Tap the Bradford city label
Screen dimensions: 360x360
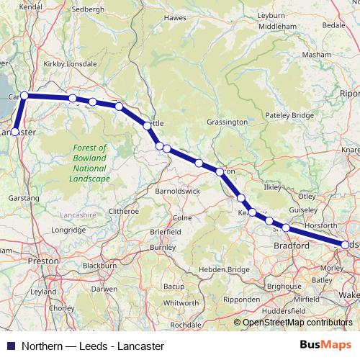point(292,246)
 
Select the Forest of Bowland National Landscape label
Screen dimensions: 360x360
point(90,163)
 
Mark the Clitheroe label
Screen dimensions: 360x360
point(122,212)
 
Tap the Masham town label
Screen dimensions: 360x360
point(317,55)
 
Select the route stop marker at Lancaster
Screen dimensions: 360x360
point(15,132)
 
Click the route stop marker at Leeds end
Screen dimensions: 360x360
point(345,246)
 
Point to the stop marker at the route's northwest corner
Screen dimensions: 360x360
point(24,95)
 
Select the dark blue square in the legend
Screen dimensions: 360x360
point(10,346)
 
